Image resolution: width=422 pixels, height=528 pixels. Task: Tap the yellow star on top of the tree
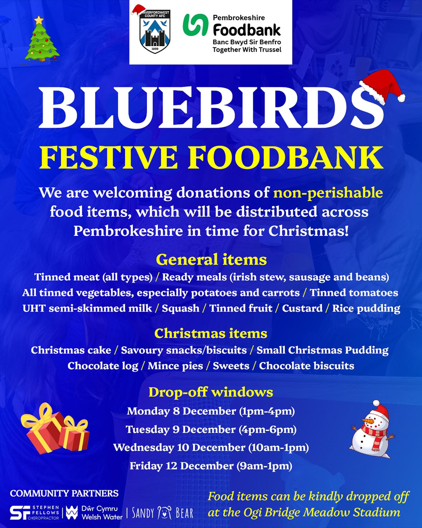coord(39,20)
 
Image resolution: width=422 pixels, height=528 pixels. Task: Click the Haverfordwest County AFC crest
coord(154,32)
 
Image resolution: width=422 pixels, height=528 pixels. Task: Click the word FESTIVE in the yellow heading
coord(108,158)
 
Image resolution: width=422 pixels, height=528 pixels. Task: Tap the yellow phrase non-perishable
coord(328,193)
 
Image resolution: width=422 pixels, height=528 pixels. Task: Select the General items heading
coord(211,260)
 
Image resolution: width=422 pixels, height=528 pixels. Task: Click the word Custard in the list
coord(302,308)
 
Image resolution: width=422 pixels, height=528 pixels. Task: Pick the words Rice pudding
coord(366,308)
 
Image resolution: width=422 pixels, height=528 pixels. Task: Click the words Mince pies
coord(175,366)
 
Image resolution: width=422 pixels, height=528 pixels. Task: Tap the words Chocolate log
coord(103,366)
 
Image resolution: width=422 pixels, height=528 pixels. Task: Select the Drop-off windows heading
coord(211,392)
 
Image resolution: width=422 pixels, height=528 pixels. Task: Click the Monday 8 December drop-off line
coord(211,411)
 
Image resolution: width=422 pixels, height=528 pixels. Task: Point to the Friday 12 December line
coord(211,466)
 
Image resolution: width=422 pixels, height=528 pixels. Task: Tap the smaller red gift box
coord(74,434)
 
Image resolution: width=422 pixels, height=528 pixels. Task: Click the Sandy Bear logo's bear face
coord(164,513)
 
